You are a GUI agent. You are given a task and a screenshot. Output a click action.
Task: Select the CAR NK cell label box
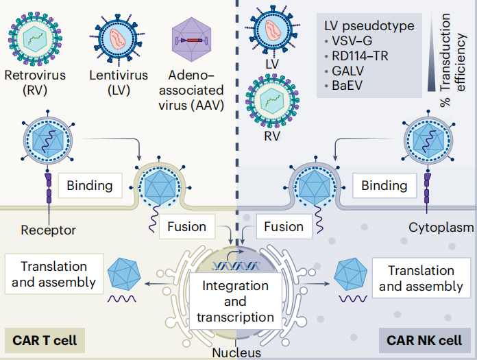coord(424,339)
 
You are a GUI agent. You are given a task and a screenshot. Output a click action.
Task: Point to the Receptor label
coord(48,230)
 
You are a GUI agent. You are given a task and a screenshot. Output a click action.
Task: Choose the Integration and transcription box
coord(235,301)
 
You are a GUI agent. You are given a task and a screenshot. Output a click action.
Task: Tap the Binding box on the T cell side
coord(90,185)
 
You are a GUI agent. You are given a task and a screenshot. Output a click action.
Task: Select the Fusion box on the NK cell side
coord(283,226)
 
